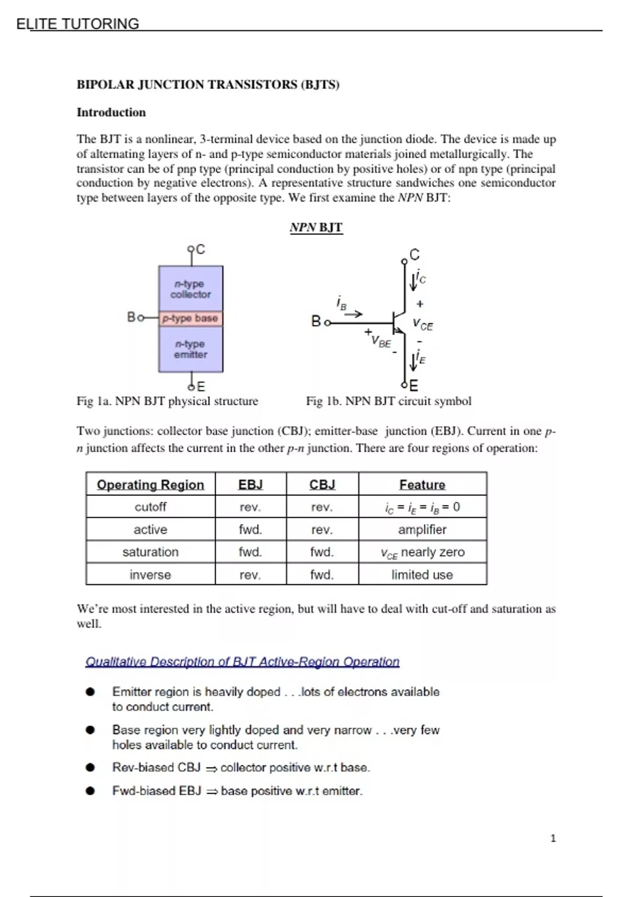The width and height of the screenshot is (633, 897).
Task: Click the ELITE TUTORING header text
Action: [78, 24]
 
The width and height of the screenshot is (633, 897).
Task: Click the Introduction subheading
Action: [111, 112]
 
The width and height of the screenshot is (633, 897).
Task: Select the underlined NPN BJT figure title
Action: [316, 227]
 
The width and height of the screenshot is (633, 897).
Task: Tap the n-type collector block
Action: [190, 289]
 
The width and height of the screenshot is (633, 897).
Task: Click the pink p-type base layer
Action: [190, 319]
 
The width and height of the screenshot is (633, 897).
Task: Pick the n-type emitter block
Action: [190, 349]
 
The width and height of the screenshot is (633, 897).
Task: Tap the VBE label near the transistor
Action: [381, 341]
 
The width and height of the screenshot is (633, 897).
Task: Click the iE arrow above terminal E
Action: [414, 361]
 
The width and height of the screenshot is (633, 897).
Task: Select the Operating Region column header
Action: [150, 484]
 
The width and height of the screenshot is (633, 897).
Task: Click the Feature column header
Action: [422, 484]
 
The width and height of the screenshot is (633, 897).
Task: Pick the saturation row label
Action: [150, 552]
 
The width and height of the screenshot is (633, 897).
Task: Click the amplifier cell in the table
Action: [422, 529]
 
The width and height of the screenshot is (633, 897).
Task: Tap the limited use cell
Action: [422, 575]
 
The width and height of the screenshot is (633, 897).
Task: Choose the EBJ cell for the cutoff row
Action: [250, 507]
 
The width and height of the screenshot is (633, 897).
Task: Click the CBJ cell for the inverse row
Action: [322, 575]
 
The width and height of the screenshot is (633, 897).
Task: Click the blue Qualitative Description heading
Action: [242, 662]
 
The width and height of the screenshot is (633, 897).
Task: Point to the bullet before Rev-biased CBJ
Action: [90, 768]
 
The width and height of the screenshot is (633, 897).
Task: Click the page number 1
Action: [553, 838]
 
